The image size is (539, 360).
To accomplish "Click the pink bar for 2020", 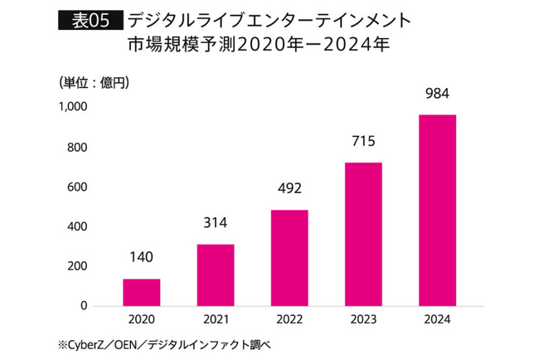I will point(142,292).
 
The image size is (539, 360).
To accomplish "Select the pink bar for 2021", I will point(216,275).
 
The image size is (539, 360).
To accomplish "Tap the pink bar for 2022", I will point(289,257).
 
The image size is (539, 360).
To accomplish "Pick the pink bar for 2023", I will point(363,234).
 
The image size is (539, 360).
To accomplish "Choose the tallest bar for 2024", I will point(437,210).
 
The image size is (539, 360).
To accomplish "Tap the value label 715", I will point(363,141).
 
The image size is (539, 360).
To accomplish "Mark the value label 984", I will point(437,93).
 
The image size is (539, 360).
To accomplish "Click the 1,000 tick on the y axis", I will point(73,107).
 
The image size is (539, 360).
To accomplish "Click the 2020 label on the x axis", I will point(142,319).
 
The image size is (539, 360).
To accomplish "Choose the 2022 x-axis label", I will point(289,319).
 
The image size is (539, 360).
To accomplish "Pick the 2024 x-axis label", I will point(437,319).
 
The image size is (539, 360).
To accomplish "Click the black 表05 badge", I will point(90,19).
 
